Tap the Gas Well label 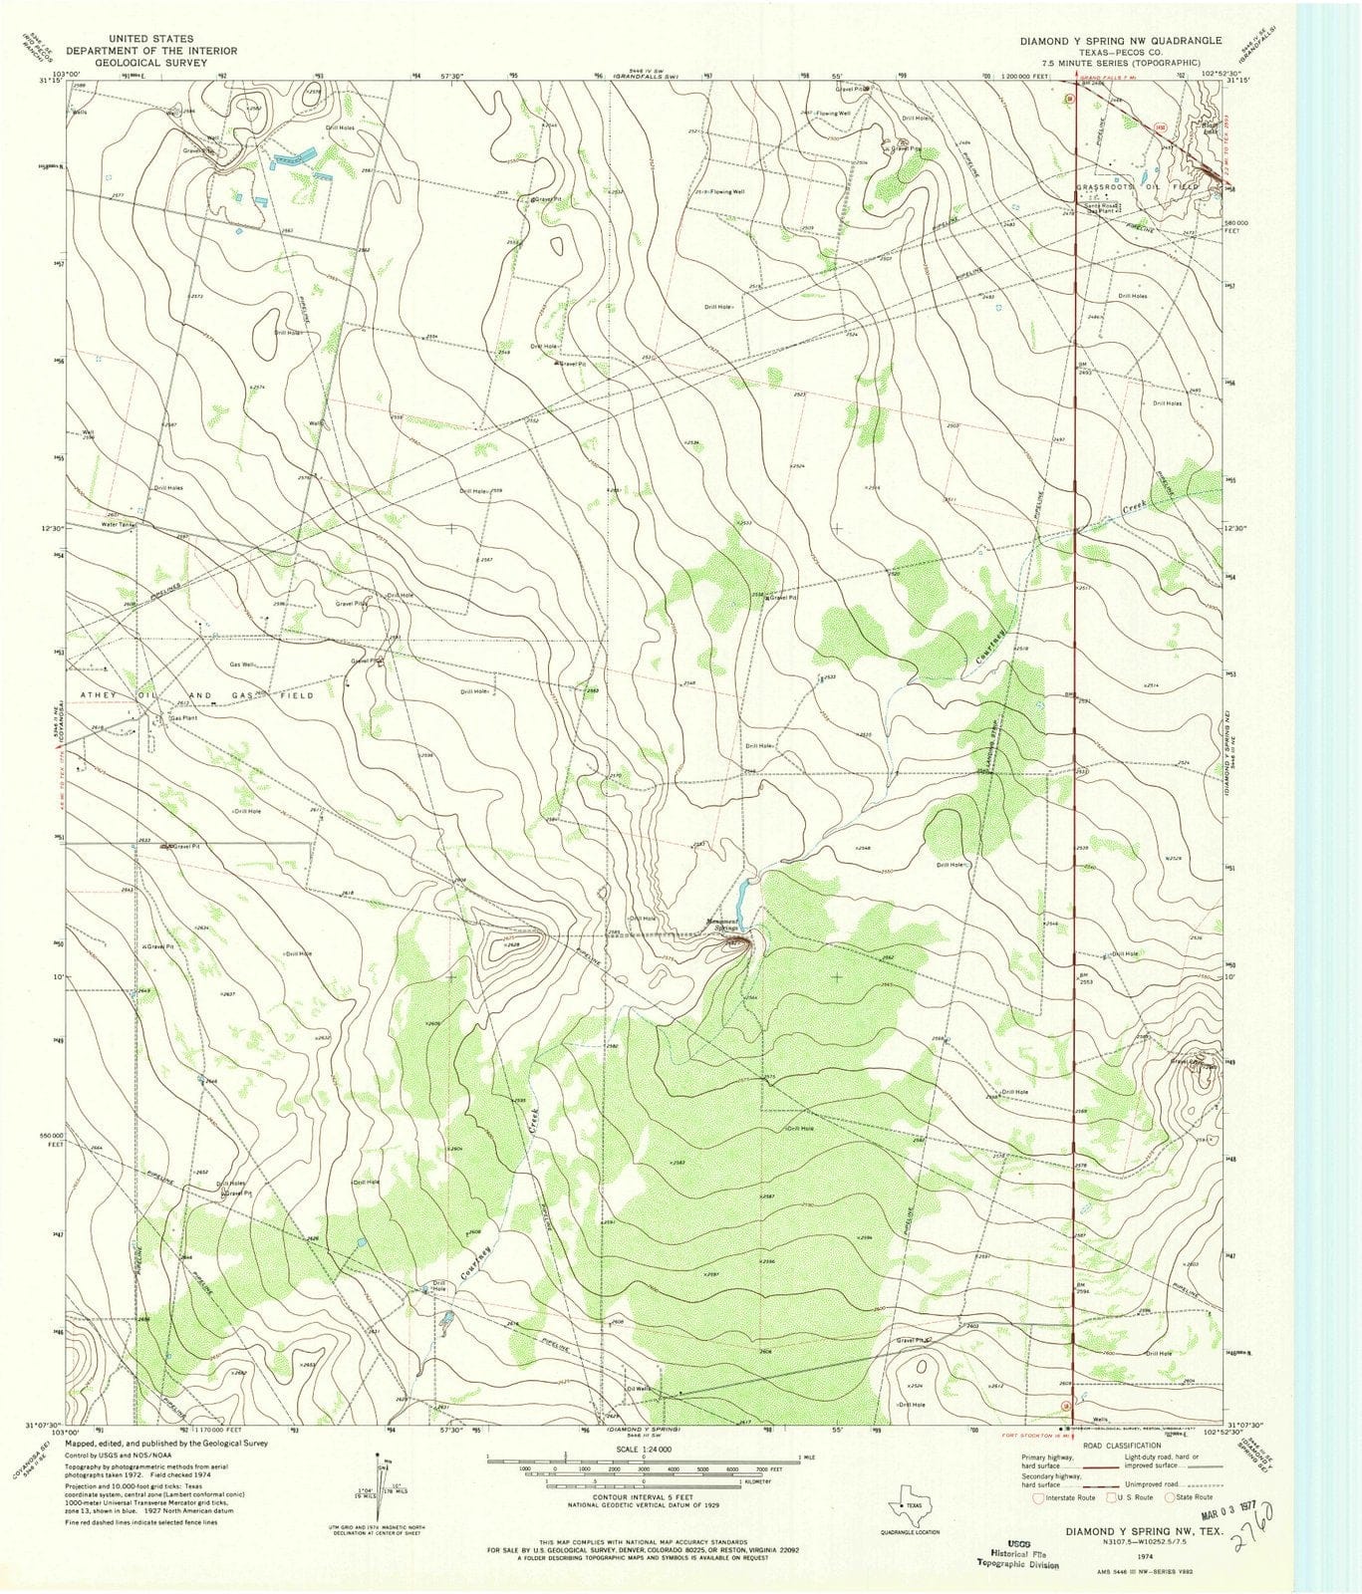click(242, 664)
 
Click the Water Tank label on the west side click(117, 523)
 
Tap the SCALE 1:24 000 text click(642, 1449)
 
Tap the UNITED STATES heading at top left click(151, 39)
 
